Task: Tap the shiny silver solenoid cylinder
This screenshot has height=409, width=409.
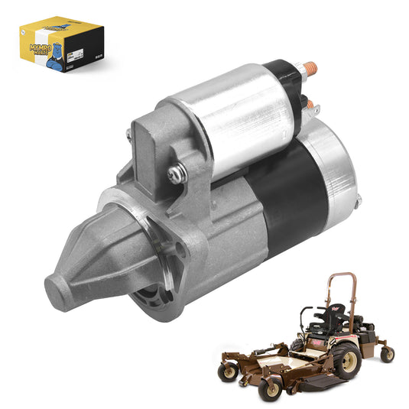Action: pyautogui.click(x=229, y=130)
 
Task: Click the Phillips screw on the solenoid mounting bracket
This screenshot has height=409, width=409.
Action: pyautogui.click(x=174, y=174)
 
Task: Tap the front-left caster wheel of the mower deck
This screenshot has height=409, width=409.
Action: pyautogui.click(x=227, y=373)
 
